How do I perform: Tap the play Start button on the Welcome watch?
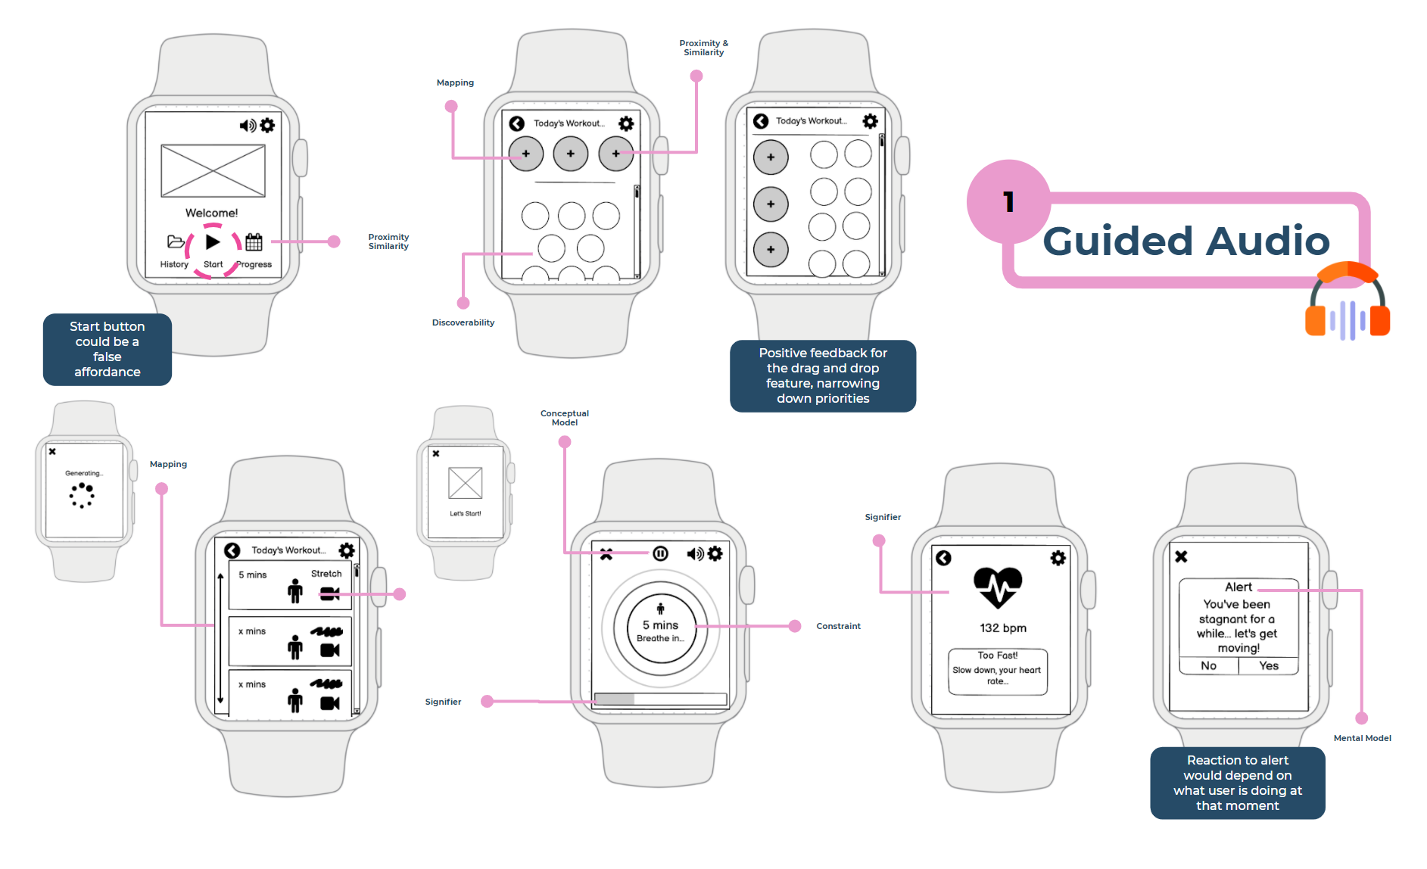(x=213, y=242)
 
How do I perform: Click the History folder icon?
(x=175, y=242)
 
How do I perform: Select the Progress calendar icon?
(x=254, y=242)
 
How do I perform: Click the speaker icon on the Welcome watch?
(x=248, y=126)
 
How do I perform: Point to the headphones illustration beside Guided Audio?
(x=1348, y=303)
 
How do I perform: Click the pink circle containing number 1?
(x=1008, y=201)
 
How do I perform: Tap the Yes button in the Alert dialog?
(x=1269, y=666)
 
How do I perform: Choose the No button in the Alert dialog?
(x=1209, y=666)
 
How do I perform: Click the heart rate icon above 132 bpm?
(x=998, y=587)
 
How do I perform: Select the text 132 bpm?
(x=1003, y=628)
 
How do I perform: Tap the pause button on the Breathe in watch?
(x=660, y=554)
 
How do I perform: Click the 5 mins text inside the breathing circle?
(x=660, y=625)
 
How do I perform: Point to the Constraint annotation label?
(x=838, y=626)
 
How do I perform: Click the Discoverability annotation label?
(x=463, y=322)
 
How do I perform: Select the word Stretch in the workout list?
(x=326, y=574)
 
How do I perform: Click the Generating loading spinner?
(x=82, y=496)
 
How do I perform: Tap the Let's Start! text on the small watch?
(x=466, y=513)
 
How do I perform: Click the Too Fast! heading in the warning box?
(x=998, y=656)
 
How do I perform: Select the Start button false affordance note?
(x=107, y=349)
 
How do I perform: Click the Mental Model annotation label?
(x=1362, y=738)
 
